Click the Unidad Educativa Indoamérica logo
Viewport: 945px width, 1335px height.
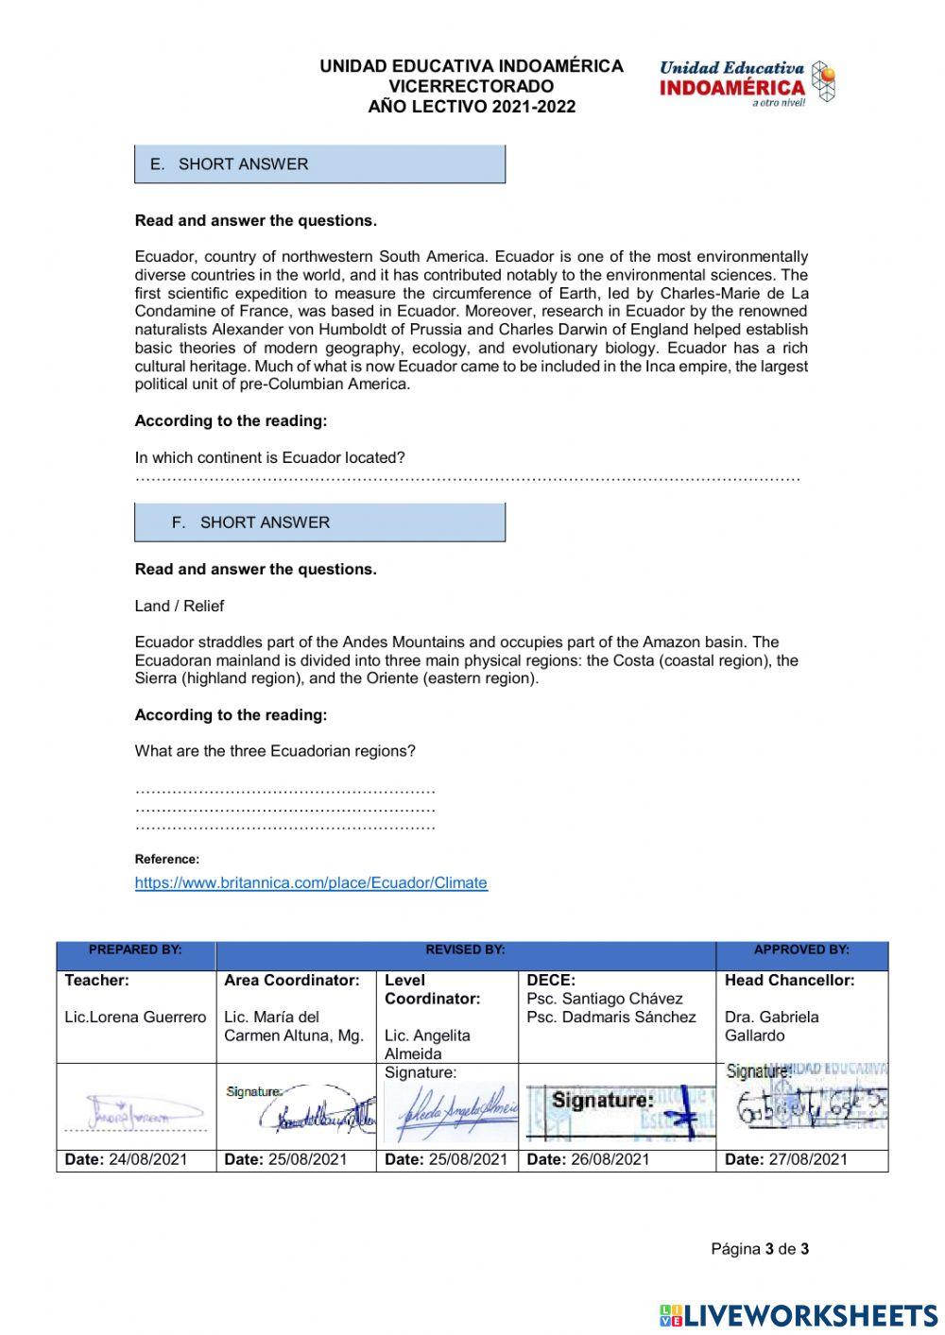[747, 83]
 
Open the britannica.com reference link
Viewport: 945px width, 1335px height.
[311, 883]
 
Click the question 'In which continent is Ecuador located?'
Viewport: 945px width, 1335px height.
[270, 458]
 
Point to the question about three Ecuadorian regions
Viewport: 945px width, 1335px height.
[275, 752]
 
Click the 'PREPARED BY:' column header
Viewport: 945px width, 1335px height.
[136, 950]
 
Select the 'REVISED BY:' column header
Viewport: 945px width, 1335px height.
[465, 950]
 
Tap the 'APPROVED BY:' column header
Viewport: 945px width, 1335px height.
[801, 950]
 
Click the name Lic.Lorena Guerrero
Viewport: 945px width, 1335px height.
[135, 1018]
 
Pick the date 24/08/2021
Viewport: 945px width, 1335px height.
[148, 1160]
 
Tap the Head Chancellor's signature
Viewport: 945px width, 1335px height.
[806, 1105]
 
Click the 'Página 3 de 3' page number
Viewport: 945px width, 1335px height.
[760, 1249]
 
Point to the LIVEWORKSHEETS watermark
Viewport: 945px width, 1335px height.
[799, 1316]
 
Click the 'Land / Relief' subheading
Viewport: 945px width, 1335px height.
[180, 607]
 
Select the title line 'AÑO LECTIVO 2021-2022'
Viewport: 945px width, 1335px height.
[472, 107]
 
